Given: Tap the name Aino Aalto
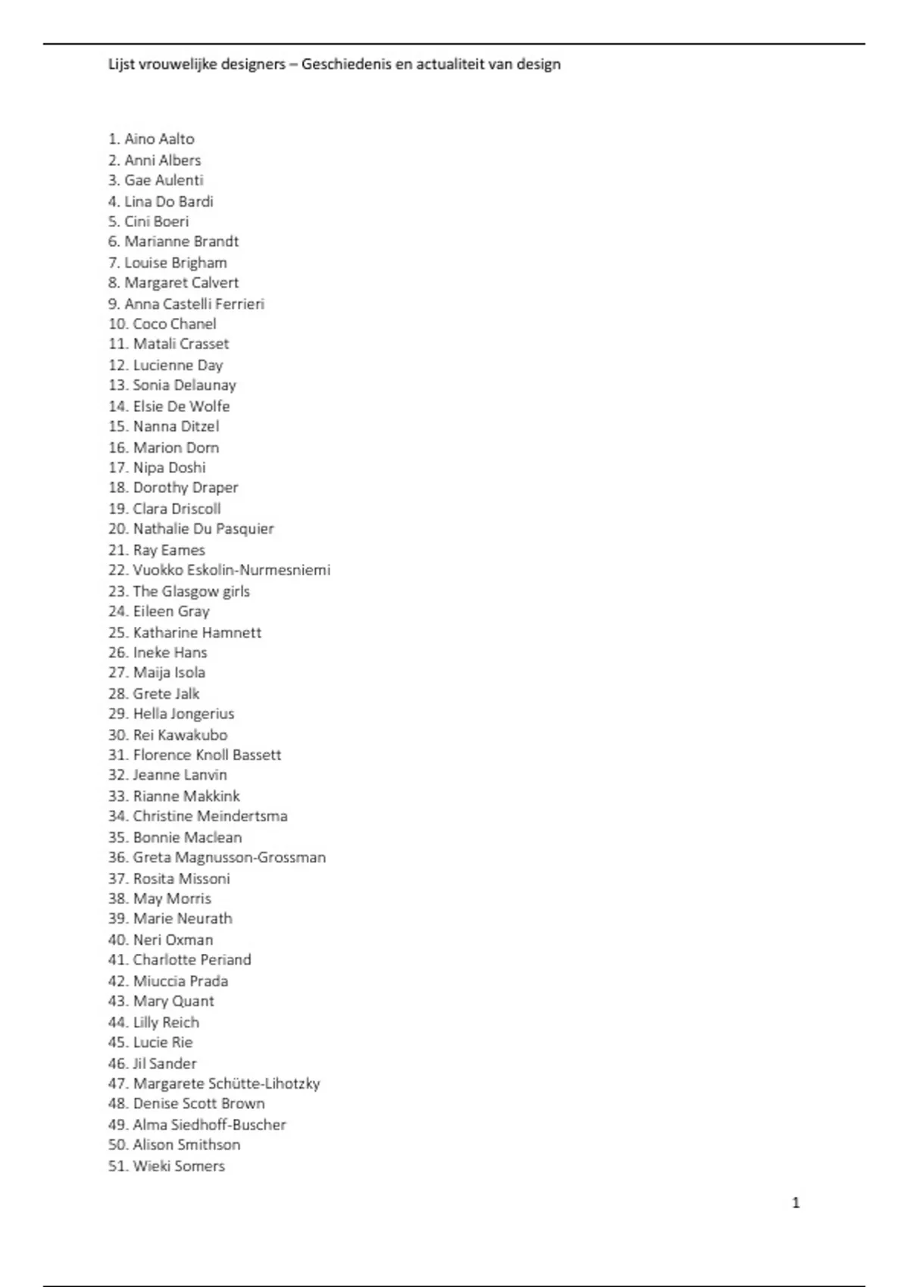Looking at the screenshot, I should point(159,139).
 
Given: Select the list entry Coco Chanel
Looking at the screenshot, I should point(174,324).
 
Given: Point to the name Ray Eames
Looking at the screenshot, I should point(169,550).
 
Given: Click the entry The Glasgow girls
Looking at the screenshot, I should point(191,591).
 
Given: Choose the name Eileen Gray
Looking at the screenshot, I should point(171,612).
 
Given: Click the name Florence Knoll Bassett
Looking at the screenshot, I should point(207,755).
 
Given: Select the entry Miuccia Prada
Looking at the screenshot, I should point(180,981).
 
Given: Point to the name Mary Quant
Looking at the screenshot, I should point(173,1001).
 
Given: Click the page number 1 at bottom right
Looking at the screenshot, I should point(795,1203).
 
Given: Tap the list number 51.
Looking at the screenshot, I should point(117,1166).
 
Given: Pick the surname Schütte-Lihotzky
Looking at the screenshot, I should point(264,1083).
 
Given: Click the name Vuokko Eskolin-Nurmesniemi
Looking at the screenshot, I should point(232,570).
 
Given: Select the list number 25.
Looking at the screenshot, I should point(117,633).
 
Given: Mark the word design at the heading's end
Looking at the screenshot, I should point(539,64).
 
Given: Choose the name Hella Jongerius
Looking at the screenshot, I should point(183,714).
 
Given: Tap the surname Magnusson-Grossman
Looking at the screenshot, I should point(250,858).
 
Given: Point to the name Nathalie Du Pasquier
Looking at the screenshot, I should point(203,529).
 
